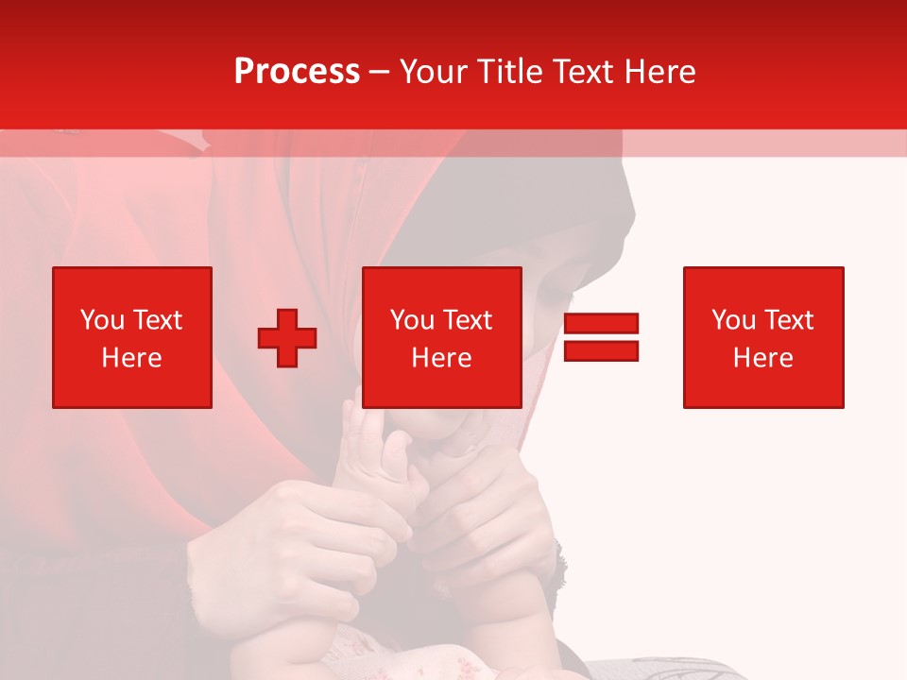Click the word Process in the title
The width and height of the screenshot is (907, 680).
pyautogui.click(x=297, y=72)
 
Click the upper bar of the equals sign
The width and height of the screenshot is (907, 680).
pyautogui.click(x=601, y=323)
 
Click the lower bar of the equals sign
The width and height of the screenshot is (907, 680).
pyautogui.click(x=601, y=351)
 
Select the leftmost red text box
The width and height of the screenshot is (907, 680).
pyautogui.click(x=132, y=337)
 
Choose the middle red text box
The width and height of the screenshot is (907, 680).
pyautogui.click(x=442, y=337)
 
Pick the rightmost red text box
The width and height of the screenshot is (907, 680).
pyautogui.click(x=763, y=337)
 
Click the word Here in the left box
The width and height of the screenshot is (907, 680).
pyautogui.click(x=132, y=358)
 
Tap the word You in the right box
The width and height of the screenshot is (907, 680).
pyautogui.click(x=733, y=320)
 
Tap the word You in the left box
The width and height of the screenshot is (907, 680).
pyautogui.click(x=102, y=320)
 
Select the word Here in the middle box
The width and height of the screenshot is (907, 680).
pyautogui.click(x=442, y=358)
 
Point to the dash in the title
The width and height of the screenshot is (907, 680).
pyautogui.click(x=379, y=72)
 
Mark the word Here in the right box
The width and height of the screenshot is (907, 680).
pyautogui.click(x=763, y=358)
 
